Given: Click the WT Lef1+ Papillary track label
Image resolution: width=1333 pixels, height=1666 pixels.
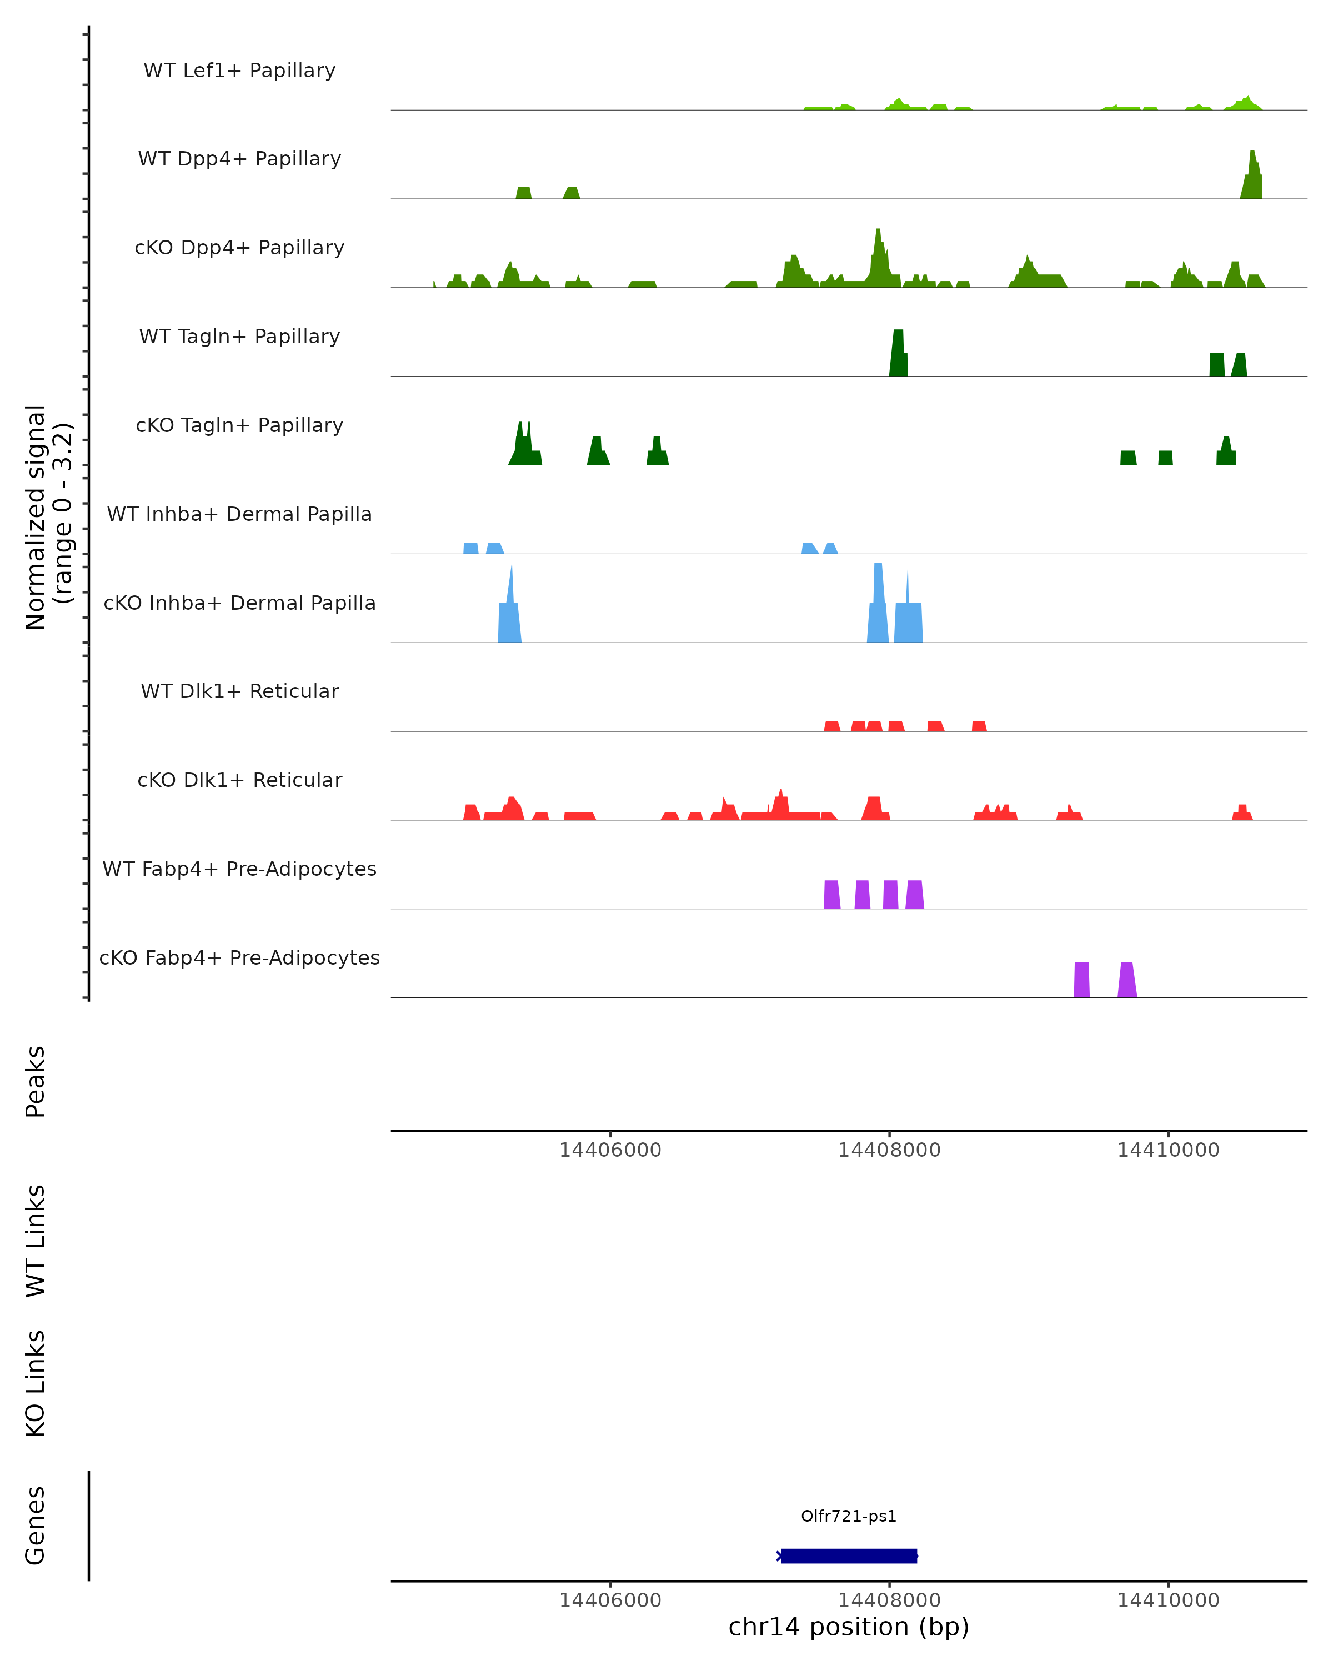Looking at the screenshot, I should (x=239, y=71).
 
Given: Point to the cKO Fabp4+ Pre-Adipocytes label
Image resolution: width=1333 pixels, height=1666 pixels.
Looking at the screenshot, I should (x=239, y=957).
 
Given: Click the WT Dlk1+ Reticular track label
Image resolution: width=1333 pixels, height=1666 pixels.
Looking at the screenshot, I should (x=239, y=691).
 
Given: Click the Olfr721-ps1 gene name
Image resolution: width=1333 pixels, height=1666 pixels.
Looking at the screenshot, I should (x=849, y=1516).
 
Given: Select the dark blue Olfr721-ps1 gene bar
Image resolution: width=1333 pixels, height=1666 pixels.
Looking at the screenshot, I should (x=849, y=1555).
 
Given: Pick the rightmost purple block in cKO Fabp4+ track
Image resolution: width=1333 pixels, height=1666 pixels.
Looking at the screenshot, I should (x=1127, y=980).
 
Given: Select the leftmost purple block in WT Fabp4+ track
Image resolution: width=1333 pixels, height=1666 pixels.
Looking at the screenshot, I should (x=831, y=894).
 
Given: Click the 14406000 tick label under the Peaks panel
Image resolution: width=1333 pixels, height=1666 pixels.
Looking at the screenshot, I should (x=610, y=1150).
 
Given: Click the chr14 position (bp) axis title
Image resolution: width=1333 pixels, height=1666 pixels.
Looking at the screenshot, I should (x=849, y=1627).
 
